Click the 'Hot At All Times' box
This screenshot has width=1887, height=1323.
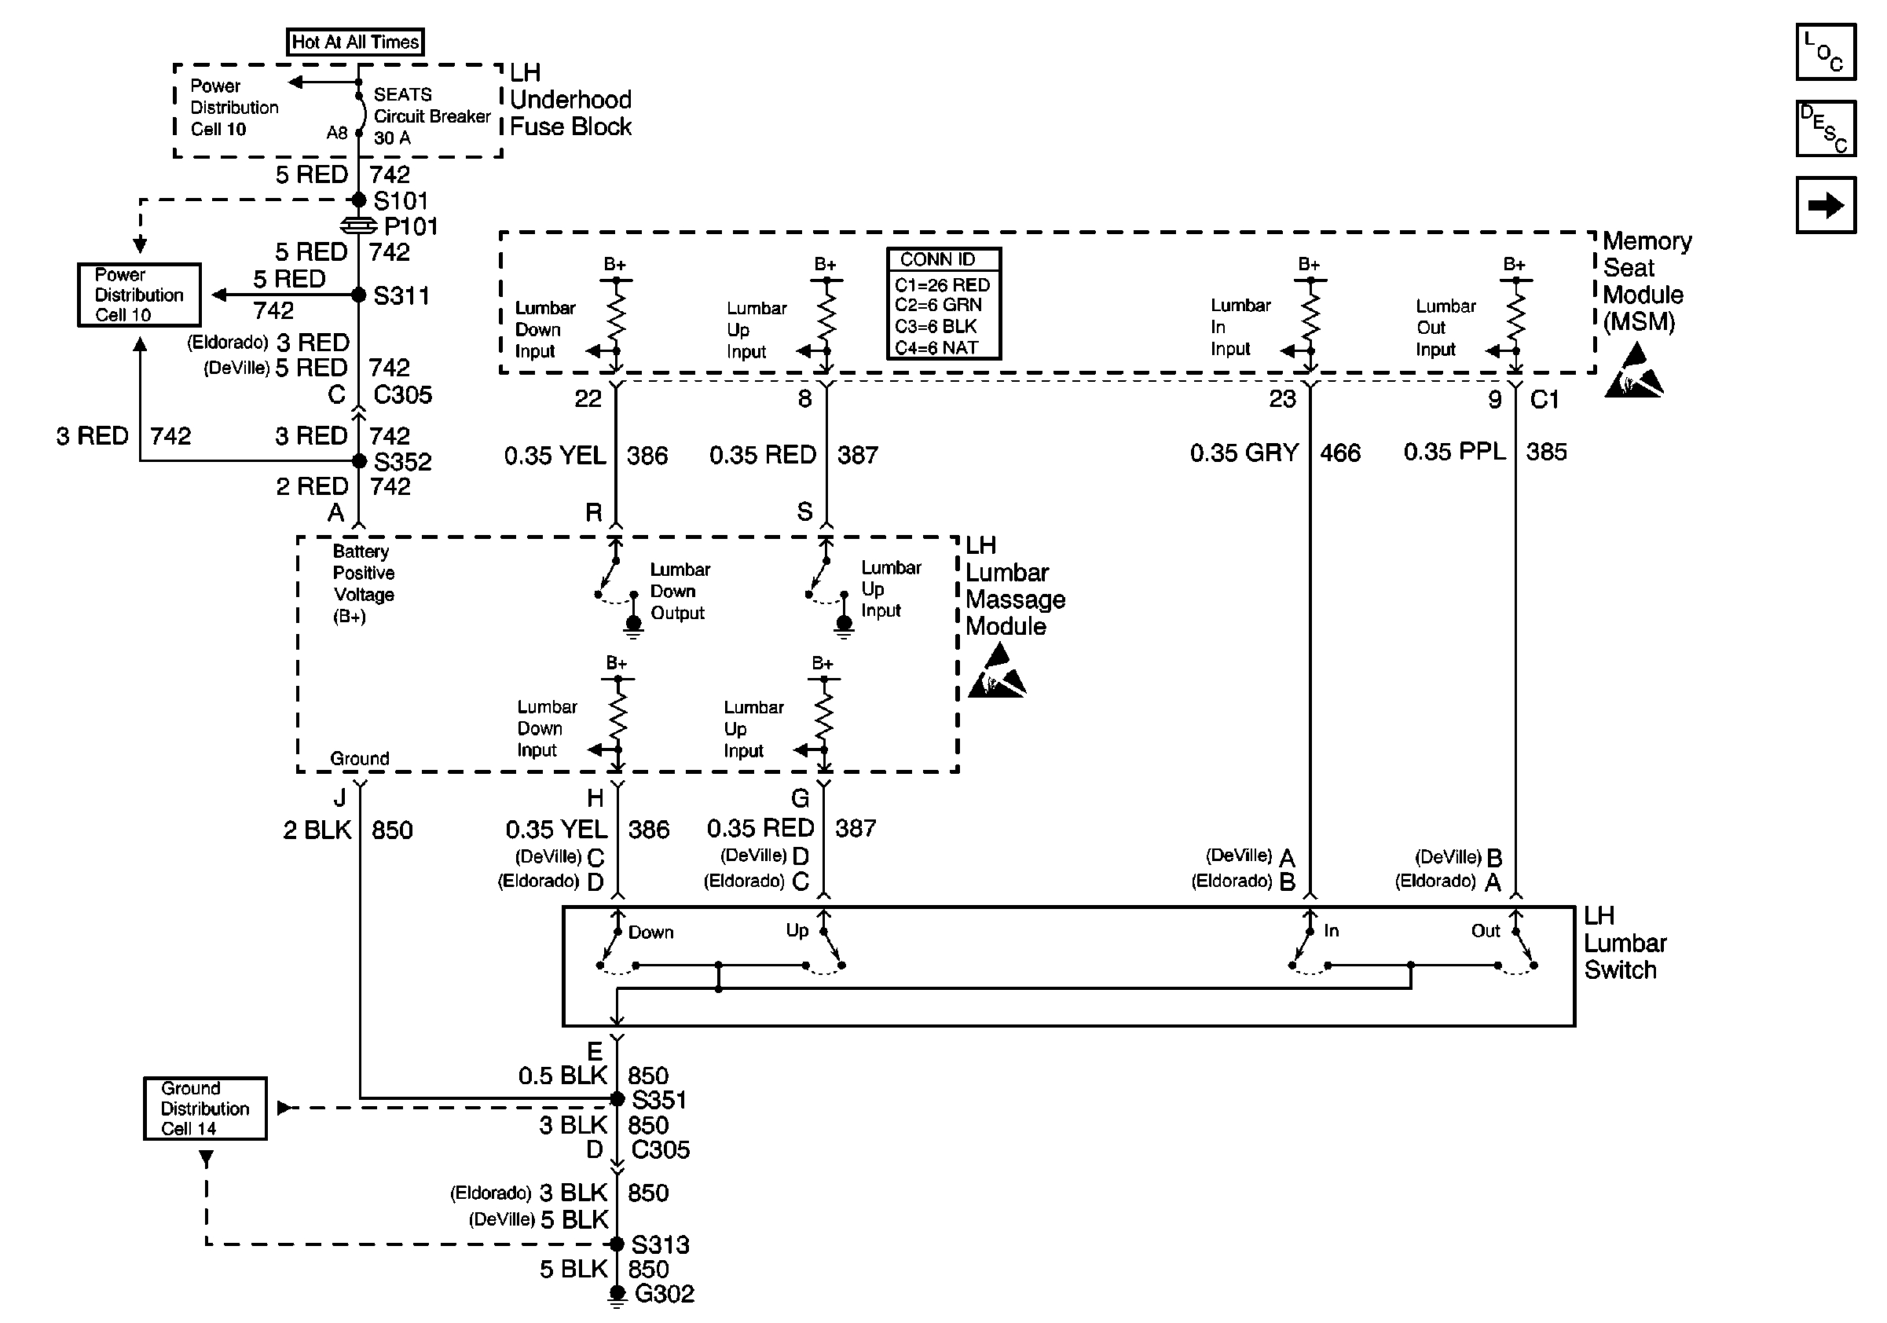tap(355, 42)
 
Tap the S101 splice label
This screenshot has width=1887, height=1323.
tap(401, 200)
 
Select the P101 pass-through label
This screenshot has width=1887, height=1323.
tap(411, 226)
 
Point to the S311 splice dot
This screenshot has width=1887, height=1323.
tap(358, 295)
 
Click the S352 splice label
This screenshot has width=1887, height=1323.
tap(403, 461)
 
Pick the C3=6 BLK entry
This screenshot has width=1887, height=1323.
tap(936, 326)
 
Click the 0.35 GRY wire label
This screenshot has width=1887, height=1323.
tap(1244, 452)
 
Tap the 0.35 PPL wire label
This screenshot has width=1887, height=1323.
tap(1455, 451)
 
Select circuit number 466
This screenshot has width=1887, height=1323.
tap(1340, 453)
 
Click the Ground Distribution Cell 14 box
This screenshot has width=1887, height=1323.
tap(206, 1109)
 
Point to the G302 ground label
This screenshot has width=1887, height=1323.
tap(665, 1293)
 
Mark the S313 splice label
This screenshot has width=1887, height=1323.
tap(660, 1244)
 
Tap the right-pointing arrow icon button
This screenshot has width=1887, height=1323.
tap(1826, 205)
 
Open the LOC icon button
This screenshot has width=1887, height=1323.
tap(1826, 52)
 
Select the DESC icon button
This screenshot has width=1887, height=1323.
tap(1826, 128)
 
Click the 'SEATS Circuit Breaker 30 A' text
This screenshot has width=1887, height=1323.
tap(432, 115)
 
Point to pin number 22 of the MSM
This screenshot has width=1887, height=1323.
tap(588, 398)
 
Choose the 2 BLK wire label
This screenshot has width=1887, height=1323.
tap(317, 830)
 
